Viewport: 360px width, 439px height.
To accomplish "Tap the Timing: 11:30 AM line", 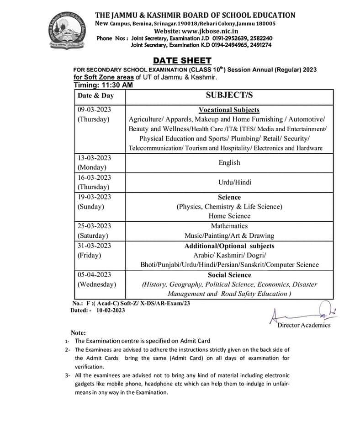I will tap(103, 85).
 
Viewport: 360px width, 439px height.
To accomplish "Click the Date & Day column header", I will tap(95, 96).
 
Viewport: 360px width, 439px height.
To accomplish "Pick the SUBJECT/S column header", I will tap(229, 95).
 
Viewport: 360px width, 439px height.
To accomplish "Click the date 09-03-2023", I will tap(94, 110).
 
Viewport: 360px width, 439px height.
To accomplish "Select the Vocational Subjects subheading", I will tap(229, 110).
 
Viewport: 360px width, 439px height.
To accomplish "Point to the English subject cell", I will tap(229, 162).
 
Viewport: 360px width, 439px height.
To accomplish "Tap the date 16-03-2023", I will tap(94, 177).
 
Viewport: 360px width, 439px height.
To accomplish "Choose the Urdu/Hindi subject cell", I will tap(229, 182).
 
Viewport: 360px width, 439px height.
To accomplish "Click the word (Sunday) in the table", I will tap(90, 207).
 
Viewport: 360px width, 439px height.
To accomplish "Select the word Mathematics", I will tap(229, 226).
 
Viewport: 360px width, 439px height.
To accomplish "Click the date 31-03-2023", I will tap(94, 246).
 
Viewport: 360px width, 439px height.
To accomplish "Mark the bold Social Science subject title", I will tap(229, 275).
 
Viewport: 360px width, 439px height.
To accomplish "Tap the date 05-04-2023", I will tap(94, 274).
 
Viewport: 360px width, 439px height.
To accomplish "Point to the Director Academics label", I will tap(303, 325).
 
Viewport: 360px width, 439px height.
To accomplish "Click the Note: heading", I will tap(78, 333).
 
